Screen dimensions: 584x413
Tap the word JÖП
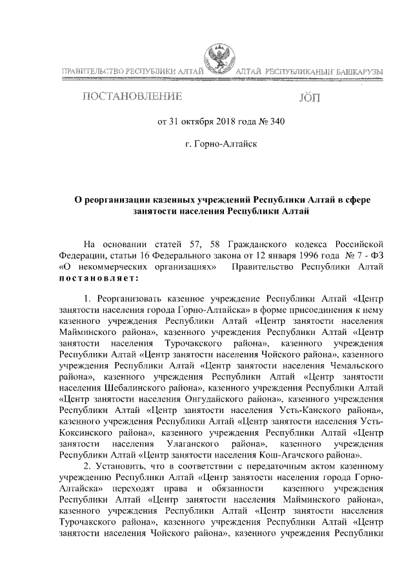pyautogui.click(x=309, y=98)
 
